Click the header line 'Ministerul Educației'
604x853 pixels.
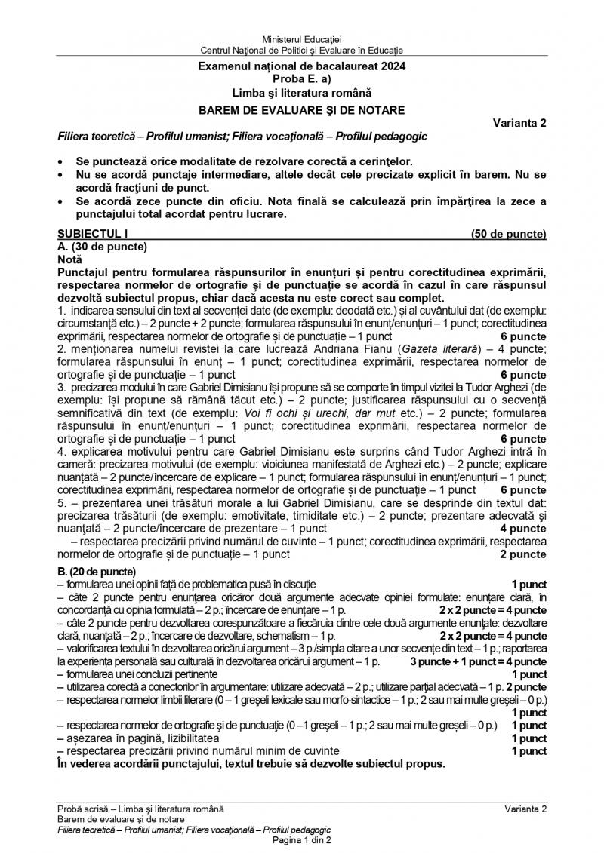pos(302,38)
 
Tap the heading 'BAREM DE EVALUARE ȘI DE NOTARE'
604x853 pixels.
pos(302,110)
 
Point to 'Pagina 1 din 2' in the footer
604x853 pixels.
pos(302,840)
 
